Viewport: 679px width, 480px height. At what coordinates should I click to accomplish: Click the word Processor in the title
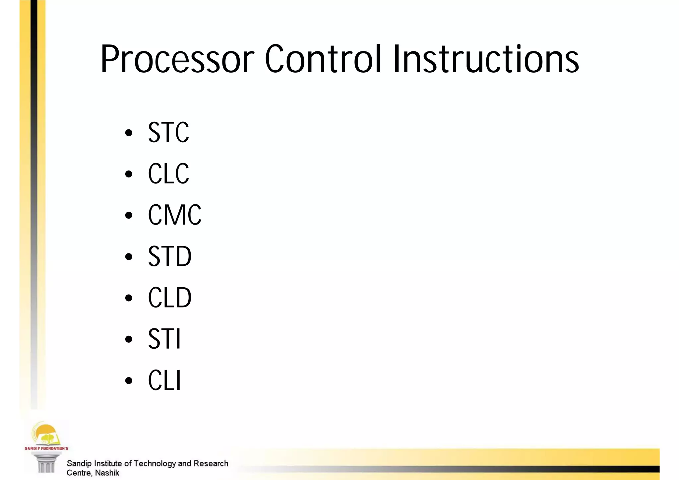point(177,60)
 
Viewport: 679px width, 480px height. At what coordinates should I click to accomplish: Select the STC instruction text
point(168,132)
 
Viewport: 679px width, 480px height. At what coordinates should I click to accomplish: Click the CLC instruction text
point(168,173)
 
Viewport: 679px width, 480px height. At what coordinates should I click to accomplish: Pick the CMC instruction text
point(174,215)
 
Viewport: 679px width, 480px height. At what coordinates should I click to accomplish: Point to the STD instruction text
point(169,256)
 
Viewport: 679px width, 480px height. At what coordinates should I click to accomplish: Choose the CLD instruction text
point(169,298)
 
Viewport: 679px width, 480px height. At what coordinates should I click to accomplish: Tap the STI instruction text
point(164,339)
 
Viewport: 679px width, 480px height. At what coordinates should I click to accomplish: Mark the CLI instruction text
point(164,380)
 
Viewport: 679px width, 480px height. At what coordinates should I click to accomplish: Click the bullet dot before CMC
point(129,216)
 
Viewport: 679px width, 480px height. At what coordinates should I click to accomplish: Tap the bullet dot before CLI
point(129,381)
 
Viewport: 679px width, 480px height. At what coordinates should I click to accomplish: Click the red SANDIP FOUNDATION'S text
point(46,448)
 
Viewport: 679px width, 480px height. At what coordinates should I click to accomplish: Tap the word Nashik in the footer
point(107,473)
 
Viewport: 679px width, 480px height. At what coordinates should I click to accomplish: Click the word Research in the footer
point(211,463)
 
